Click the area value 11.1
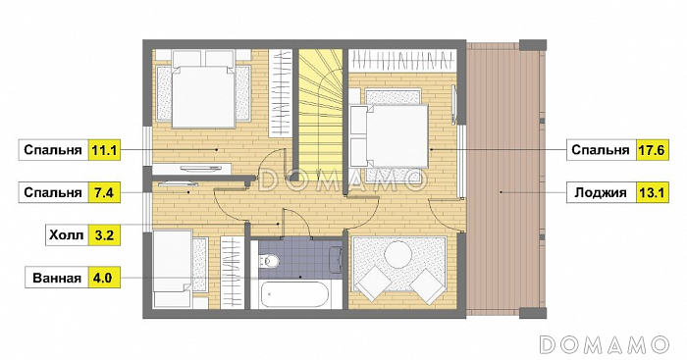tap(104, 150)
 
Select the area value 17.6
tap(652, 150)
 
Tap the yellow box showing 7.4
tap(104, 192)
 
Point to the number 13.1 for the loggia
tap(652, 192)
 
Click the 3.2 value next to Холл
tap(104, 235)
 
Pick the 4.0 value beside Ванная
tap(104, 278)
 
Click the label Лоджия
tap(601, 192)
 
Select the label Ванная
tap(57, 279)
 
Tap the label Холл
tap(66, 235)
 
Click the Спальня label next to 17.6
tap(601, 150)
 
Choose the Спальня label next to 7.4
tap(53, 192)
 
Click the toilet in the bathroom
tap(270, 262)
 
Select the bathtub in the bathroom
tap(294, 294)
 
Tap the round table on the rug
tap(397, 255)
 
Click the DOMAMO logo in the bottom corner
tap(604, 344)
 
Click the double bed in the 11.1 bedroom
tap(203, 96)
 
